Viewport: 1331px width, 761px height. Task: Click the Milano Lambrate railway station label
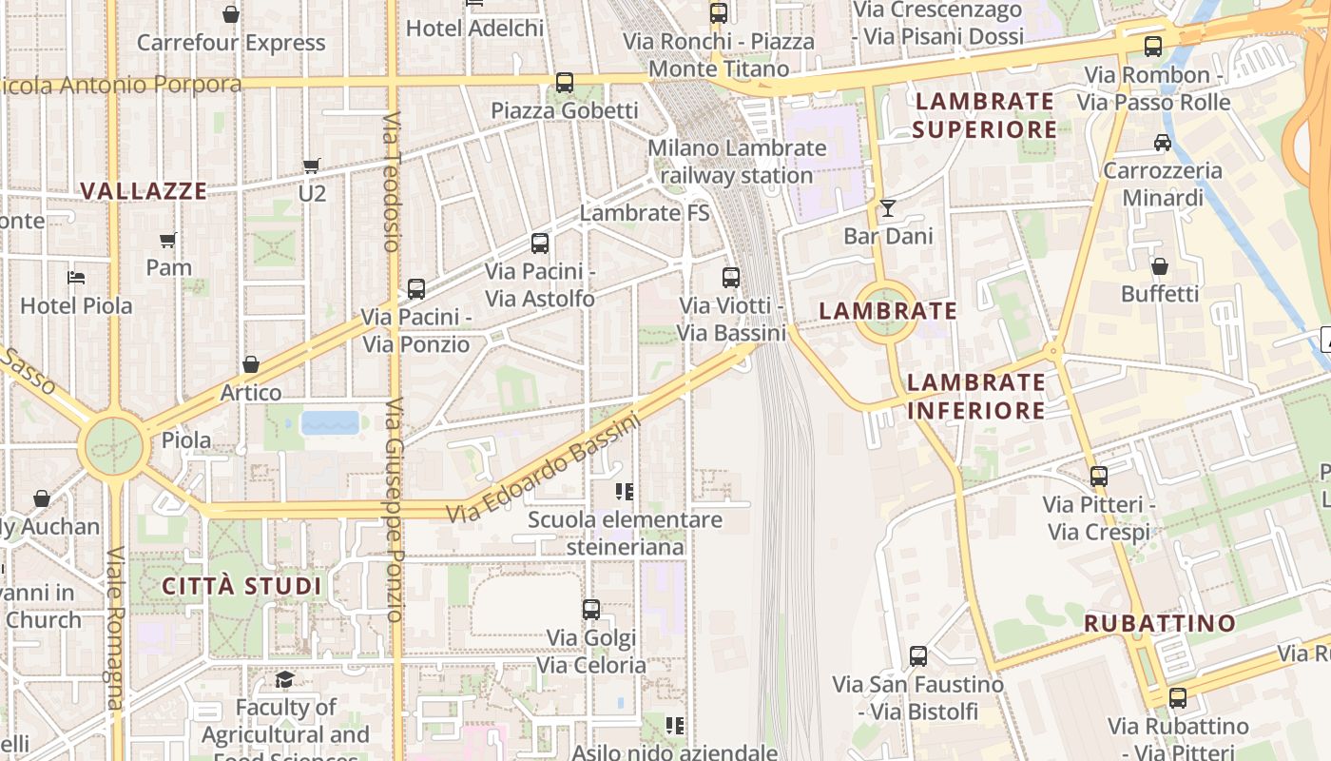point(737,162)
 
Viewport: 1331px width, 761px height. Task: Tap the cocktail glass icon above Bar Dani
point(887,207)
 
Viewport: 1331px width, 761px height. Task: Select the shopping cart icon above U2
point(311,166)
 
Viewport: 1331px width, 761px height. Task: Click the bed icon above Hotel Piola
point(76,278)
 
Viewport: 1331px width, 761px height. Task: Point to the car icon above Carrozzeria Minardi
point(1162,143)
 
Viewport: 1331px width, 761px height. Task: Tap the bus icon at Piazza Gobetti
point(565,83)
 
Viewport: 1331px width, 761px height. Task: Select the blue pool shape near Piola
point(330,422)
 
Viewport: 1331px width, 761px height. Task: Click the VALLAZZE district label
point(144,191)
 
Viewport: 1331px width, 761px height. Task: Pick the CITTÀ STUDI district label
point(241,585)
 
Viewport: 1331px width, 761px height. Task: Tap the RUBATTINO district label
point(1160,623)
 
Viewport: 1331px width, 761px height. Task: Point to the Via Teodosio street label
point(391,181)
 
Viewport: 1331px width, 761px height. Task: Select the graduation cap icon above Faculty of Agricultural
point(284,679)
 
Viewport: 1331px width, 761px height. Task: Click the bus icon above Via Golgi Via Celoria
point(590,610)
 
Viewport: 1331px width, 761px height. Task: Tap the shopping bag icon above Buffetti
point(1159,266)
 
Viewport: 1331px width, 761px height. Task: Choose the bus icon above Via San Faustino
point(917,656)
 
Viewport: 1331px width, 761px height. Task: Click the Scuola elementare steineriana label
point(625,534)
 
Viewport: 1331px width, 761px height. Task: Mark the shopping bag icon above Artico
point(251,364)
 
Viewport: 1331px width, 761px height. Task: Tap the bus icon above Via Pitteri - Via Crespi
point(1099,477)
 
